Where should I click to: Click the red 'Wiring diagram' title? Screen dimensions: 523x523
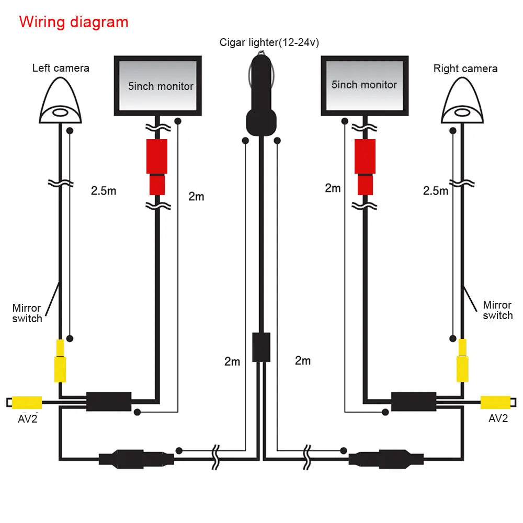[73, 22]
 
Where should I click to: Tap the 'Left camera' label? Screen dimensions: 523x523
[61, 68]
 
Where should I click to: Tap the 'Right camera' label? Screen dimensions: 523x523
[465, 69]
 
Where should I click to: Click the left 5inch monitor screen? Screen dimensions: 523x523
[157, 86]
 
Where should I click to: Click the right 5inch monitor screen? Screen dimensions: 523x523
[364, 85]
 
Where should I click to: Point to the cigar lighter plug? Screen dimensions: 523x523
[261, 99]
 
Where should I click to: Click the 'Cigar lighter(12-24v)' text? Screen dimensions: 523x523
[269, 42]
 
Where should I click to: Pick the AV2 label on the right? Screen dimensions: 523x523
[498, 418]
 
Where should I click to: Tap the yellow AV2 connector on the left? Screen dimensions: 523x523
[27, 402]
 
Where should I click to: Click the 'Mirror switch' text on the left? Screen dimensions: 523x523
[27, 313]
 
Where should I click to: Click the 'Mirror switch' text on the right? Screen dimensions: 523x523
[497, 310]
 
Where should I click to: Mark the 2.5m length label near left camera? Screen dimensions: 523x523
[104, 190]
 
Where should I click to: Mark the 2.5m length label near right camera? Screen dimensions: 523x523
[436, 191]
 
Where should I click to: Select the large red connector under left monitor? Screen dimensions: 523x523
[157, 156]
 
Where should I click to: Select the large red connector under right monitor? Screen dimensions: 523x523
[365, 156]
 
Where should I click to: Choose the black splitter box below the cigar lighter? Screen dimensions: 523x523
[261, 346]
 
